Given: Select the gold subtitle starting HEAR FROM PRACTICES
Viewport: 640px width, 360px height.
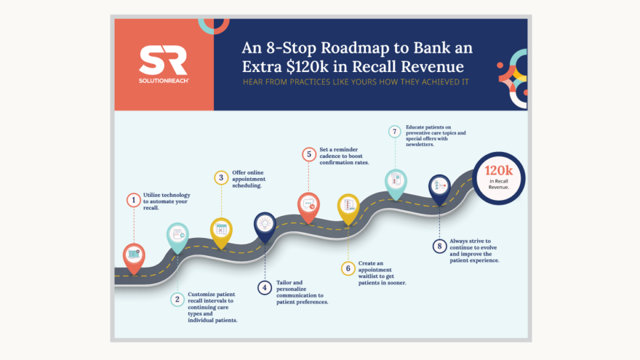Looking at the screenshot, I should pos(357,83).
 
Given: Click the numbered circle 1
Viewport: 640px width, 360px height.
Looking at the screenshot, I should pos(133,199).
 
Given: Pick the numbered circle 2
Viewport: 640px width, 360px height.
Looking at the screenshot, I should pos(177,299).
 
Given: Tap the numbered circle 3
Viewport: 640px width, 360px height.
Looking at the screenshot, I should pos(221,177).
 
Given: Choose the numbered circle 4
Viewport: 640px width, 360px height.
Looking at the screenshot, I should pos(265,288).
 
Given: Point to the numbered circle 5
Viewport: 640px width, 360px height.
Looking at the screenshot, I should pos(308,155).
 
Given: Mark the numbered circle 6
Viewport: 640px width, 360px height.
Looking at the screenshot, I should pos(347,269).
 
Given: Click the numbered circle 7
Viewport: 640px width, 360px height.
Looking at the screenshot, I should pos(395,131).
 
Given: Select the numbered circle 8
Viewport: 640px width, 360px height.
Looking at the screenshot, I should pos(439,246).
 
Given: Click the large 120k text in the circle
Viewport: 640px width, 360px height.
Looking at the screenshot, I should pos(497,171).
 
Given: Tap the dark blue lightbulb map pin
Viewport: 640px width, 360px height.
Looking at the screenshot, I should pos(265,225).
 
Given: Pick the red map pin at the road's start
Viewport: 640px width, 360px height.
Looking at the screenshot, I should pos(134,256).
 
